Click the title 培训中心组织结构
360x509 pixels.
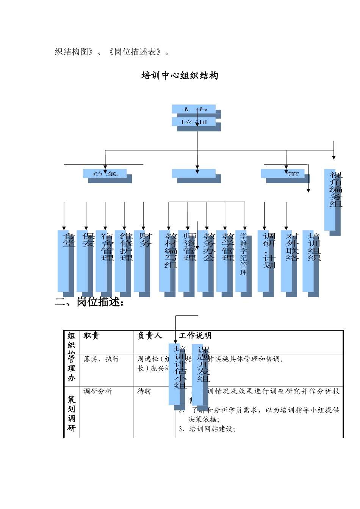(x=180, y=75)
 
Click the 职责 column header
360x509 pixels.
(x=91, y=336)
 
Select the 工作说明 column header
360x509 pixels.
(x=195, y=336)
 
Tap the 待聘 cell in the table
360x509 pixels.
(x=144, y=391)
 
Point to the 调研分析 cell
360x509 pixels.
(x=98, y=391)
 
